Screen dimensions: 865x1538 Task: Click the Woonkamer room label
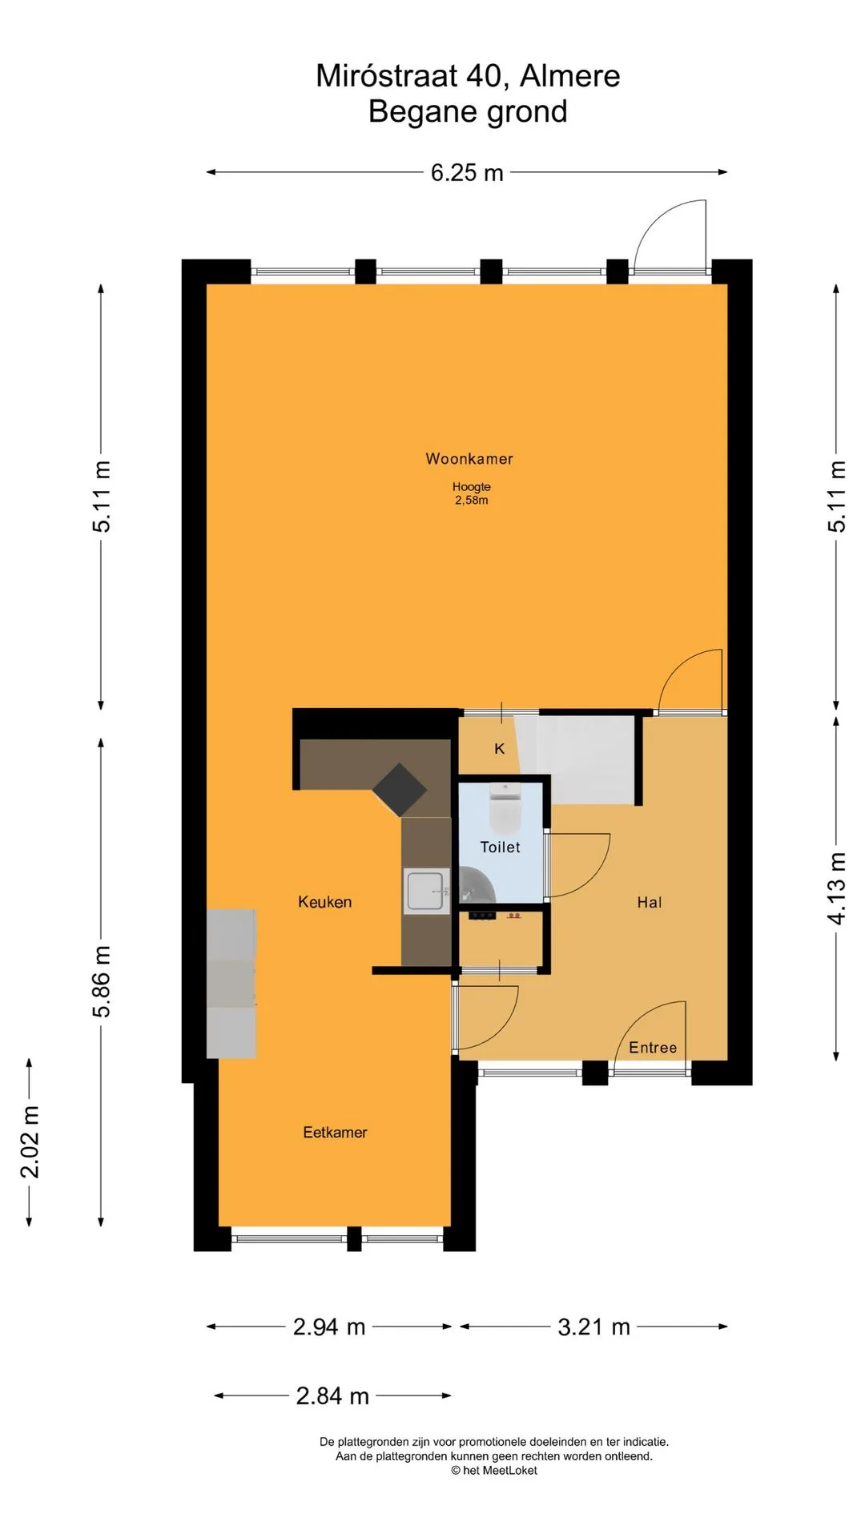(469, 459)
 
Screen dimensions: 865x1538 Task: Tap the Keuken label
(325, 902)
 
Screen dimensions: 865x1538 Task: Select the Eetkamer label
(335, 1132)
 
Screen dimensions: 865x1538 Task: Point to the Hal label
(650, 902)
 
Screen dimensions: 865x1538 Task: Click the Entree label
(653, 1048)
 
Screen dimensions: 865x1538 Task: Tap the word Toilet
(501, 847)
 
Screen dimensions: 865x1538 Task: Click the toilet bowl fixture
(505, 807)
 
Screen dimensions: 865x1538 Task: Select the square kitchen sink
(426, 890)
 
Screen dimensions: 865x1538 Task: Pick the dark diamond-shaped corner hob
(399, 789)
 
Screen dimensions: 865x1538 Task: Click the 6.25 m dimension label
(467, 172)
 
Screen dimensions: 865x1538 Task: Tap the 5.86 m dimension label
(102, 981)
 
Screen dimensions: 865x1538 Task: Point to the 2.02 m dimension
(30, 1141)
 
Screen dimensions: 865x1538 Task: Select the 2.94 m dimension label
(329, 1327)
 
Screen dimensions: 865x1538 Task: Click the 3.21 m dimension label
(594, 1327)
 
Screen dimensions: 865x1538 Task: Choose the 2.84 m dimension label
(332, 1396)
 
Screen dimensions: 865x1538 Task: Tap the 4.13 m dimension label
(837, 888)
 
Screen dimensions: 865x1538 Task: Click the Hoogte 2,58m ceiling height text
(472, 493)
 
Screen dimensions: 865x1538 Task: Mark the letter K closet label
(500, 749)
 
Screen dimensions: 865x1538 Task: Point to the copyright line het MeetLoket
(494, 1470)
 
